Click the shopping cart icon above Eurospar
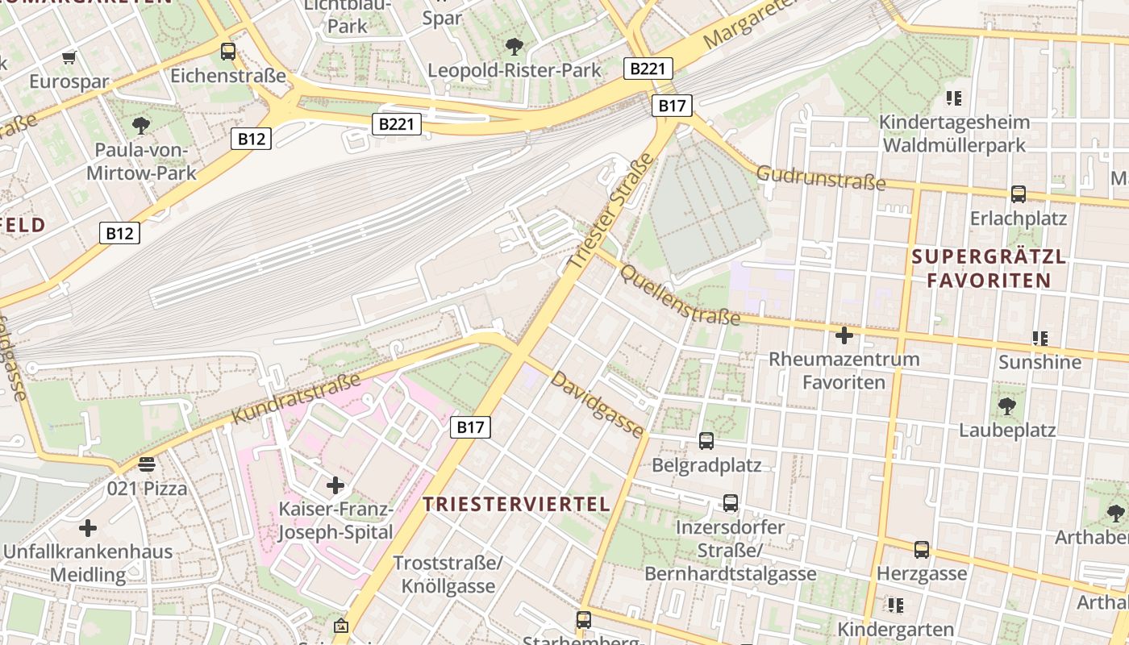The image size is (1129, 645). tap(69, 57)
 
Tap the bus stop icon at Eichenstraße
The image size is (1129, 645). tap(228, 52)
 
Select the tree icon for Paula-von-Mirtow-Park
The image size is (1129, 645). tap(141, 125)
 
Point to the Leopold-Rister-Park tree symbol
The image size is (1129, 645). tap(514, 46)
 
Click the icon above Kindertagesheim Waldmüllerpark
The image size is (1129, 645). tap(954, 98)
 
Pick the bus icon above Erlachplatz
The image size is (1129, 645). tap(1019, 194)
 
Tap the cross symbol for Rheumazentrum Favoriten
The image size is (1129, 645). tap(844, 335)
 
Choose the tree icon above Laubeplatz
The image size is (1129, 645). tap(1006, 406)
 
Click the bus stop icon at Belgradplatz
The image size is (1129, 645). tap(706, 441)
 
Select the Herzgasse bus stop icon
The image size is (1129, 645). tap(922, 550)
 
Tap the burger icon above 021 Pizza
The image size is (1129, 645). tap(147, 464)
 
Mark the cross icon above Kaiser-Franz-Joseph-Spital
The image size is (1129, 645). tap(335, 485)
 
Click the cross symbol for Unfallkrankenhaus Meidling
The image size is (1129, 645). tap(88, 528)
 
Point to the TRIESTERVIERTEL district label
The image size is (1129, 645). tap(516, 505)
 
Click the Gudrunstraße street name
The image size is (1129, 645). tap(821, 178)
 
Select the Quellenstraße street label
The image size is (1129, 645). tap(679, 295)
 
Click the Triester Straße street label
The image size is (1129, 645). tap(609, 211)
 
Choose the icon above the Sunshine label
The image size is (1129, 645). tap(1039, 339)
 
